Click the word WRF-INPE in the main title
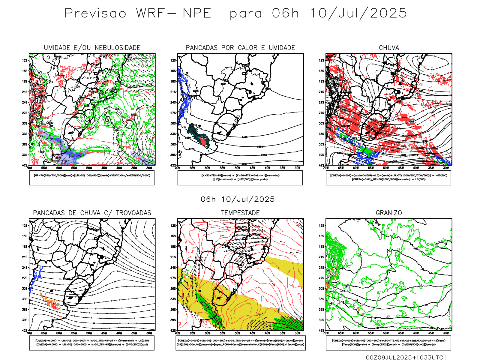coord(174,13)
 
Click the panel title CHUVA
coord(389,48)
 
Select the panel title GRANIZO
coord(389,213)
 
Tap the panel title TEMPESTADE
coord(240,213)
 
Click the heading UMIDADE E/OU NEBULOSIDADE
coord(92,48)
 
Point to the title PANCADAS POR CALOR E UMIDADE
coord(240,48)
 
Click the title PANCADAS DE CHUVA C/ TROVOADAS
coord(92,213)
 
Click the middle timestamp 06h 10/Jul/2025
coord(238,199)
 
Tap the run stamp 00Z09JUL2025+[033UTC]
coord(406,357)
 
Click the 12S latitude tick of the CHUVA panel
coord(321,60)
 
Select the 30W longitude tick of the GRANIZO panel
coord(446,333)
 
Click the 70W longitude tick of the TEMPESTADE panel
coord(178,333)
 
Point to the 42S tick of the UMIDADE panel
coord(25,165)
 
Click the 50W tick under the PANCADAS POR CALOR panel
coord(237,168)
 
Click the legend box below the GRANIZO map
coord(388,343)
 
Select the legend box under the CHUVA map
coord(388,178)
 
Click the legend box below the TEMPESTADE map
coord(240,343)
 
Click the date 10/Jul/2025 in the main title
coord(358,13)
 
